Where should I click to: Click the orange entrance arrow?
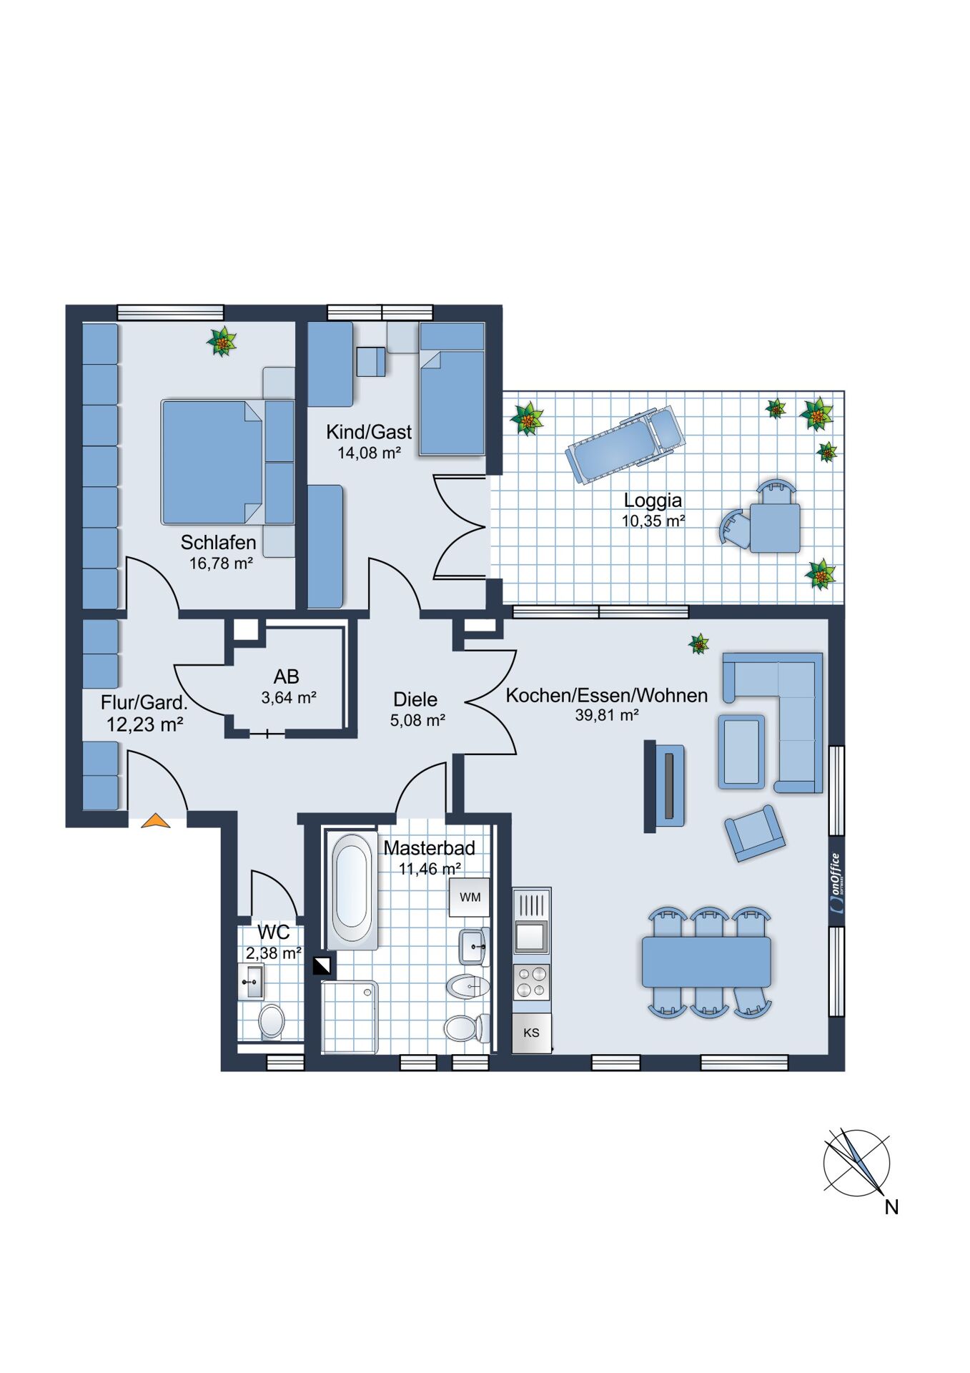(156, 821)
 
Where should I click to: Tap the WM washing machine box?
(469, 897)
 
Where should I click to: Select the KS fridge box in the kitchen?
(532, 1033)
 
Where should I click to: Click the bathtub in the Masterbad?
(352, 890)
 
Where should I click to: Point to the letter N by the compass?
(891, 1207)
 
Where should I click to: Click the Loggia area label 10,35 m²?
(653, 521)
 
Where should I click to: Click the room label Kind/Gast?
(369, 432)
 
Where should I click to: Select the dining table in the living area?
(706, 962)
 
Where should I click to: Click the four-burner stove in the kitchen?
(532, 982)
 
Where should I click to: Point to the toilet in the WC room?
(272, 1021)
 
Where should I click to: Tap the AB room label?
(287, 676)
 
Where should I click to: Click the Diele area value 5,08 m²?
(417, 720)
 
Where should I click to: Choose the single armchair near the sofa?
(755, 833)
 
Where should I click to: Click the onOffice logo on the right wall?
(836, 882)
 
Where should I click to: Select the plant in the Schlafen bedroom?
(222, 342)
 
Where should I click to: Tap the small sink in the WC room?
(251, 981)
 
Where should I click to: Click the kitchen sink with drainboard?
(532, 922)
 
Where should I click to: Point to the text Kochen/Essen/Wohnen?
(607, 695)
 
